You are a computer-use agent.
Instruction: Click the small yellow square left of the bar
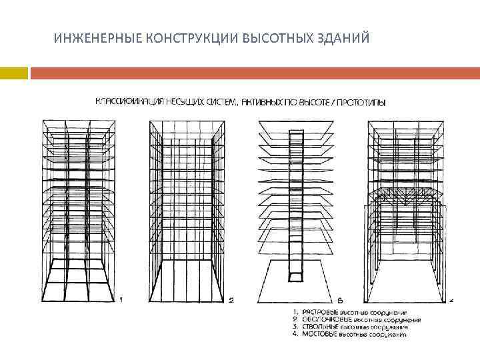pos(13,73)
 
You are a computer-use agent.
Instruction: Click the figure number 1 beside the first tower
pos(121,300)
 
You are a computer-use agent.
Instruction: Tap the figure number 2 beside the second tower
pos(230,301)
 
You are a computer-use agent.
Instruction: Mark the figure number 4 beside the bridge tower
pos(451,301)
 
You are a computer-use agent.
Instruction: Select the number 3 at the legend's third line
pos(296,327)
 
